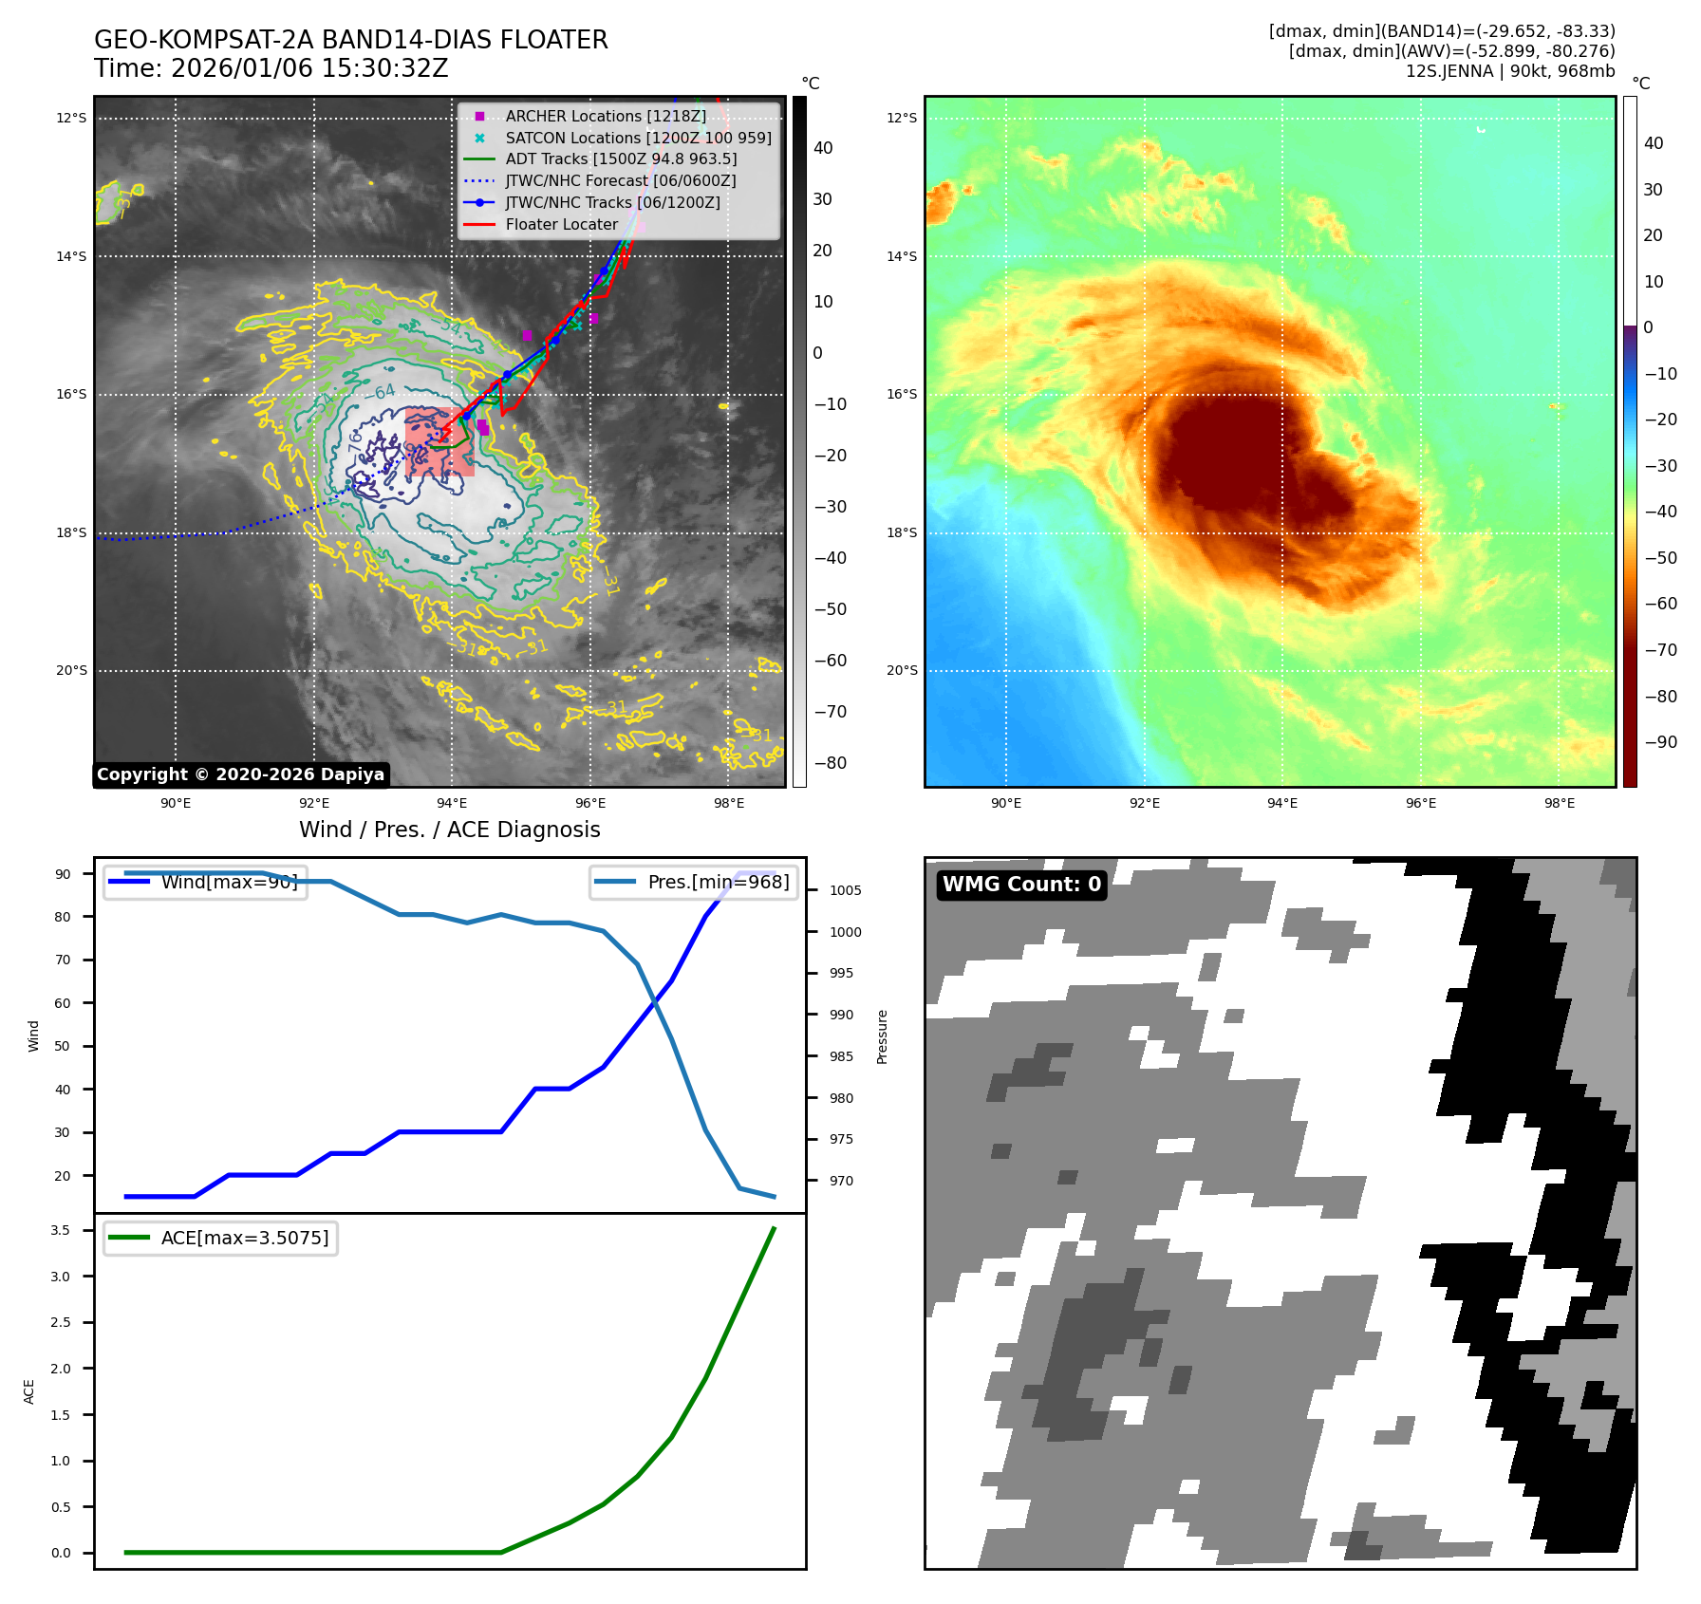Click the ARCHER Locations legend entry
coord(605,116)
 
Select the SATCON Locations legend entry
coord(638,138)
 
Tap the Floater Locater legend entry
coord(561,224)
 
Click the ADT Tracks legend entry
coord(621,159)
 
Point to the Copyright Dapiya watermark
coord(240,774)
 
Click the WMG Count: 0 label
coord(1021,885)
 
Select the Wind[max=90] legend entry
coord(229,882)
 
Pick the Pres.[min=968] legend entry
coord(718,882)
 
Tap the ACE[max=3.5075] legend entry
coord(244,1238)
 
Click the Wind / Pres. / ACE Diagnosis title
coord(450,830)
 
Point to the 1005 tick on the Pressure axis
coord(845,890)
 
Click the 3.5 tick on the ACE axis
coord(61,1230)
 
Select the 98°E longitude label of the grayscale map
coord(729,803)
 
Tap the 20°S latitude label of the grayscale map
coord(71,670)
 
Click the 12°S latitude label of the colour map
coord(902,118)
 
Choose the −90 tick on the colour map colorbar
coord(1660,742)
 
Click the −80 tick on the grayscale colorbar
coord(830,763)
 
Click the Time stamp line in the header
coord(271,68)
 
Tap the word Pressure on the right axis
coord(882,1036)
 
